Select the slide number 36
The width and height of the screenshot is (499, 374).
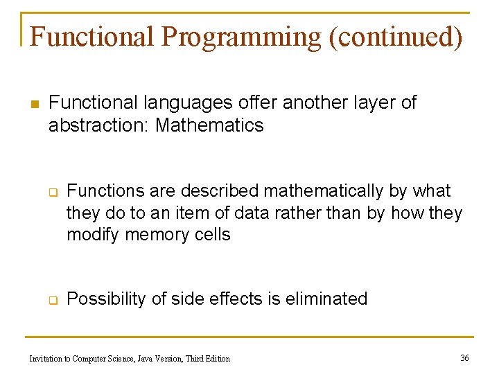[x=464, y=357]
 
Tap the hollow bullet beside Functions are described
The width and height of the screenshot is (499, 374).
[x=51, y=192]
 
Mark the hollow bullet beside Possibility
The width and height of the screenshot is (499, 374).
[x=51, y=300]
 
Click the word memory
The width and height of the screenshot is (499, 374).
[x=158, y=235]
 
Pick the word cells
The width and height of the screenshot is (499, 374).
[x=212, y=235]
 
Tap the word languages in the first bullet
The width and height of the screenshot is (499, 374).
[x=186, y=103]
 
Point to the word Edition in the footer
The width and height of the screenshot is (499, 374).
[x=216, y=358]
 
